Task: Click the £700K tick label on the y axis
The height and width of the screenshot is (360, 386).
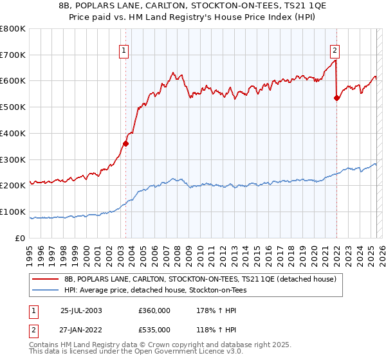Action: [x=13, y=55]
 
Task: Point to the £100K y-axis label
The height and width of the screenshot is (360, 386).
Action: [x=13, y=212]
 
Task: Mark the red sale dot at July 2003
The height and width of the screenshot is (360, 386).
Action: [x=126, y=143]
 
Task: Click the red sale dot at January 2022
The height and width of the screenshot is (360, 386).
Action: [x=336, y=98]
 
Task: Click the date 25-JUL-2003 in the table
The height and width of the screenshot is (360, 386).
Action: [x=82, y=310]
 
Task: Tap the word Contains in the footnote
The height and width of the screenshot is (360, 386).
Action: [x=44, y=345]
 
